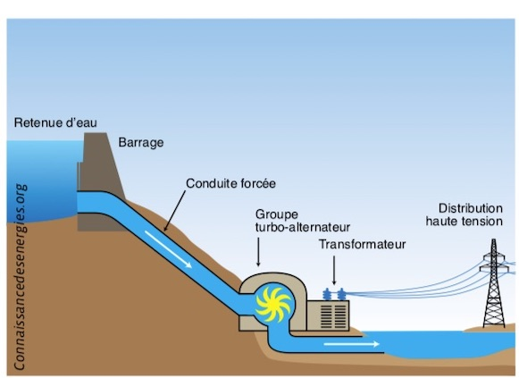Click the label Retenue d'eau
pyautogui.click(x=55, y=122)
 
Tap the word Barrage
pyautogui.click(x=141, y=143)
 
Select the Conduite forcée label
pyautogui.click(x=230, y=183)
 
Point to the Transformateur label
pyautogui.click(x=362, y=244)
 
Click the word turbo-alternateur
pyautogui.click(x=303, y=227)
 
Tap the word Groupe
pyautogui.click(x=276, y=214)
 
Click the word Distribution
pyautogui.click(x=471, y=208)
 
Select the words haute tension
pyautogui.click(x=464, y=221)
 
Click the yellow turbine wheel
pyautogui.click(x=273, y=305)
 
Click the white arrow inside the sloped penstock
pyautogui.click(x=168, y=249)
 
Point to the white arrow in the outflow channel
pyautogui.click(x=352, y=344)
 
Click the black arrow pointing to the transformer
pyautogui.click(x=334, y=270)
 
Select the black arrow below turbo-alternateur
pyautogui.click(x=258, y=252)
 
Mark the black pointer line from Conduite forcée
pyautogui.click(x=175, y=211)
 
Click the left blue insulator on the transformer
pyautogui.click(x=327, y=294)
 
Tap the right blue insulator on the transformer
pyautogui.click(x=341, y=294)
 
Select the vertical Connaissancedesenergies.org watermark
pyautogui.click(x=20, y=277)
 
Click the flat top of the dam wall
pyautogui.click(x=96, y=133)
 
